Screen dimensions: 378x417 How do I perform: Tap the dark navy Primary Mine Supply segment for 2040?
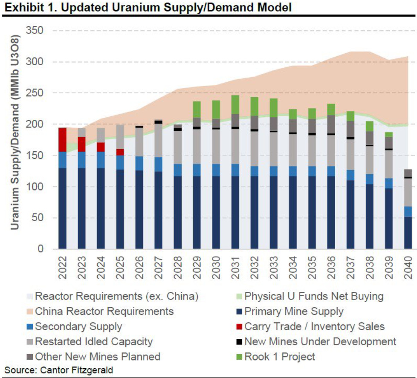click(x=408, y=233)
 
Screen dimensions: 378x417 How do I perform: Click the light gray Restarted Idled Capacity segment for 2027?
click(x=159, y=140)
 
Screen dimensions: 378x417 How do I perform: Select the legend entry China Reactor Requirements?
click(x=104, y=311)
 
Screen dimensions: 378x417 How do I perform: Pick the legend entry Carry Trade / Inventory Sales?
click(x=314, y=326)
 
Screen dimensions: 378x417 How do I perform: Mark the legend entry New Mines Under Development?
click(x=320, y=341)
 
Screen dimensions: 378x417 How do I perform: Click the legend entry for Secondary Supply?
click(x=78, y=326)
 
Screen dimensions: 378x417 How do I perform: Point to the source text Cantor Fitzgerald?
click(x=77, y=370)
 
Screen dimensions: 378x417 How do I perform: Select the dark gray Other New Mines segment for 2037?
click(x=350, y=129)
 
